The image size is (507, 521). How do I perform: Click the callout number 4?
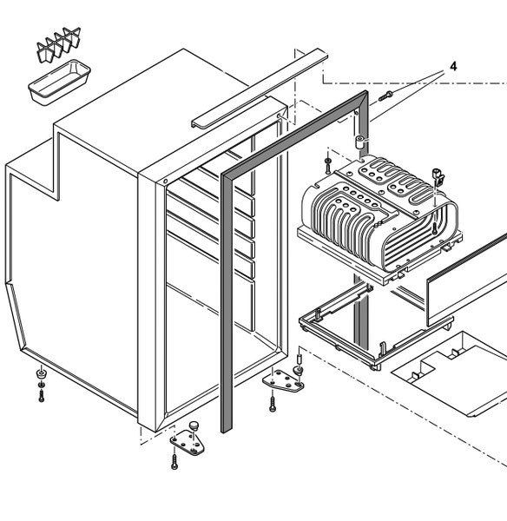pyautogui.click(x=452, y=66)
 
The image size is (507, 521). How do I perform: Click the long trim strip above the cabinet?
pyautogui.click(x=259, y=89)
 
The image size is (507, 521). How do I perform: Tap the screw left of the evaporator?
pyautogui.click(x=327, y=162)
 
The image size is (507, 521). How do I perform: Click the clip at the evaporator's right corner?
pyautogui.click(x=438, y=180)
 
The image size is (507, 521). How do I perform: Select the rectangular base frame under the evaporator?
pyautogui.click(x=365, y=326)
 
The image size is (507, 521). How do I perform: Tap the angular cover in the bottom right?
pyautogui.click(x=451, y=373)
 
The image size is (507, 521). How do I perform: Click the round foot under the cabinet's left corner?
pyautogui.click(x=41, y=374)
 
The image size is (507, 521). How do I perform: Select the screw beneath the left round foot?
pyautogui.click(x=41, y=395)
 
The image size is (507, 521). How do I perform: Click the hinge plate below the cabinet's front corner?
pyautogui.click(x=187, y=443)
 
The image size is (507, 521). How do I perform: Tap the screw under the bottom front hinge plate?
pyautogui.click(x=174, y=463)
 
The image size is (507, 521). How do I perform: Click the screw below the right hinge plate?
pyautogui.click(x=272, y=404)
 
